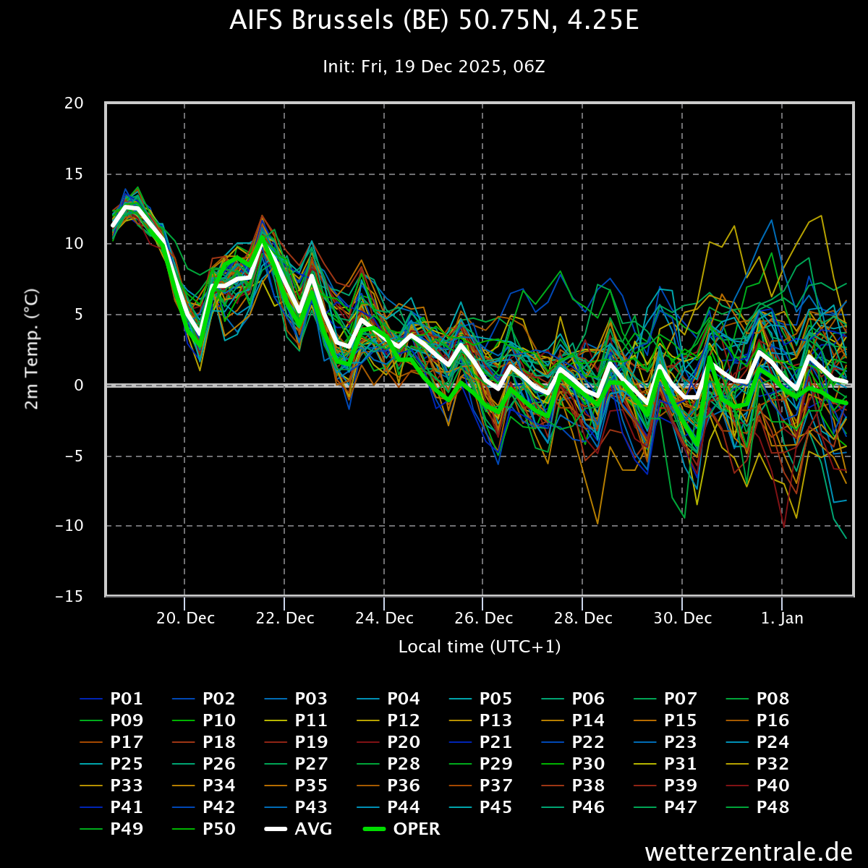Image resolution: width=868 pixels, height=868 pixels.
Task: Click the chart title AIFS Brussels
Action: coord(434,21)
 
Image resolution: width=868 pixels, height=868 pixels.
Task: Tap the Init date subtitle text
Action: coord(434,67)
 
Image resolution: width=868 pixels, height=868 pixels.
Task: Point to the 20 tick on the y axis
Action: coord(74,103)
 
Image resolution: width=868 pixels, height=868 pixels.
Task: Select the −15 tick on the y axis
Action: coord(69,597)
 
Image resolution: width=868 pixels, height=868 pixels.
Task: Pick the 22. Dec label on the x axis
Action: coord(285,618)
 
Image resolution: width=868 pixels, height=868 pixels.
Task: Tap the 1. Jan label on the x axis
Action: coord(783,618)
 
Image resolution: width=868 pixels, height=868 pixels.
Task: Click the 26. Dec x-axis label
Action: coord(484,618)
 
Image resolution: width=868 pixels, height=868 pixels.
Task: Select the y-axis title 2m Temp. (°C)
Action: coord(32,349)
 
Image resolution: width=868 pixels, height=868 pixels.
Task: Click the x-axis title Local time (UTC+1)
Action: coord(480,647)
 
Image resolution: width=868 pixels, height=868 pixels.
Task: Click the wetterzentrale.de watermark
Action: coord(749,851)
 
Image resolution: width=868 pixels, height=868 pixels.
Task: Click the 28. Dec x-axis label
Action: coord(583,618)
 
